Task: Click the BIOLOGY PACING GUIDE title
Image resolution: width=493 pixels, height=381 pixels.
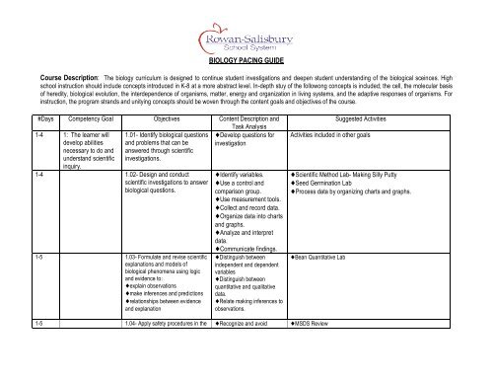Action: pyautogui.click(x=246, y=59)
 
